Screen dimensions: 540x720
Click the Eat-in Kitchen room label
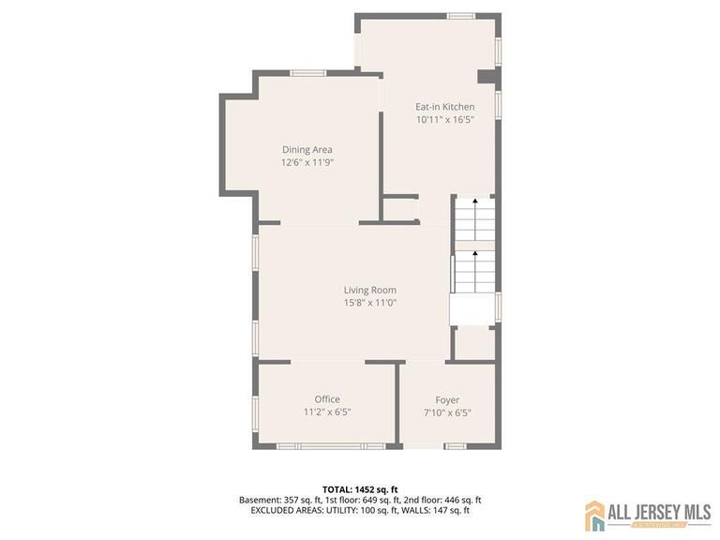[x=444, y=107]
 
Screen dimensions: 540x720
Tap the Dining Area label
[x=307, y=149]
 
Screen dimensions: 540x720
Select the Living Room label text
[x=369, y=290]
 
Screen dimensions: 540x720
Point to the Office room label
[x=326, y=399]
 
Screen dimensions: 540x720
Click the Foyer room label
[x=447, y=400]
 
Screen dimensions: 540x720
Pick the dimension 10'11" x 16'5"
[x=444, y=120]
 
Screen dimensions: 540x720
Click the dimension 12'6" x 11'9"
[x=307, y=162]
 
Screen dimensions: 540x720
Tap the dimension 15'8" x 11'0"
[x=369, y=303]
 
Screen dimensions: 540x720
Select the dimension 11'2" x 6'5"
[x=326, y=412]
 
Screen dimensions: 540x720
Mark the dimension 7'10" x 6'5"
[x=447, y=412]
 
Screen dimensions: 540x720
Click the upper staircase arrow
[x=474, y=202]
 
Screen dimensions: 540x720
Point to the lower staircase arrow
[x=474, y=254]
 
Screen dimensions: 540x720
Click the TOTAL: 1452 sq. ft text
[x=360, y=489]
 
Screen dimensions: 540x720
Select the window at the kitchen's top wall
[x=460, y=16]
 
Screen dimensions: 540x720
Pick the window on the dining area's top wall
[x=307, y=73]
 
